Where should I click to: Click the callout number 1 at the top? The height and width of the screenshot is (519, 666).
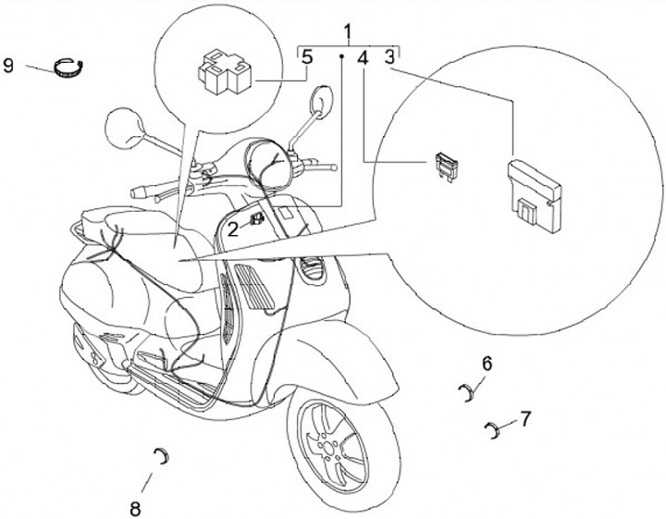tap(349, 35)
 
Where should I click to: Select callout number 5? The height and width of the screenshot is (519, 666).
tap(307, 57)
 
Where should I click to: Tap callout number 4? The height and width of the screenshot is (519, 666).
tap(363, 58)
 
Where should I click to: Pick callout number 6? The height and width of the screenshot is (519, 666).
tap(487, 364)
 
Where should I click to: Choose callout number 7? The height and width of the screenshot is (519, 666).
tap(524, 418)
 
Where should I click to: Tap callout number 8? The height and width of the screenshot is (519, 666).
tap(135, 507)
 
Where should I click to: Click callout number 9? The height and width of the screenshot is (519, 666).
tap(8, 67)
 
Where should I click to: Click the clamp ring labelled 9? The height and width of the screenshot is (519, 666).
tap(68, 67)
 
